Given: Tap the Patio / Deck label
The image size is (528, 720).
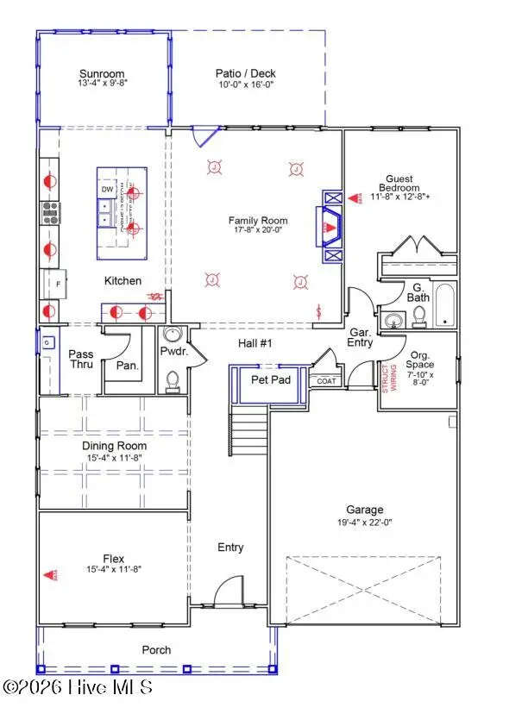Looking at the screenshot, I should (x=245, y=74).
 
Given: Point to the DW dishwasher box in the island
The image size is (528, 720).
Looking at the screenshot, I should (x=108, y=189).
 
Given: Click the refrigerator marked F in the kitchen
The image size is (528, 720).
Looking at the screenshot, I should (x=53, y=283).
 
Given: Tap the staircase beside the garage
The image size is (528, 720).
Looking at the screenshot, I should (x=251, y=426).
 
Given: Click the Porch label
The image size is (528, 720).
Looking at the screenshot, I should (x=156, y=649).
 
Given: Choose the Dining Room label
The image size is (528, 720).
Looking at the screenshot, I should (x=114, y=446).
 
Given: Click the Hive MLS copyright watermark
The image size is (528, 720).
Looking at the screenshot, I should (x=78, y=687).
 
